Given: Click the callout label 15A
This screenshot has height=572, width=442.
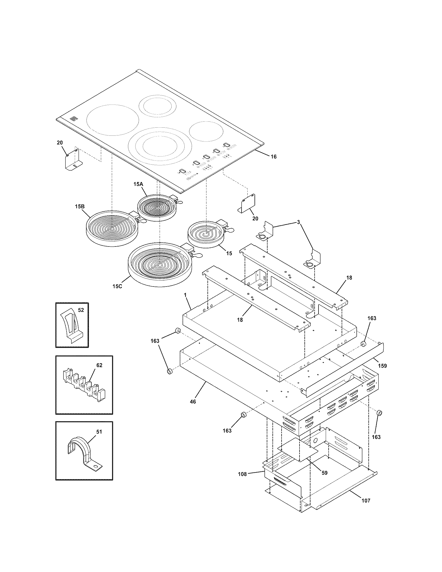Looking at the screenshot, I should coord(138,184).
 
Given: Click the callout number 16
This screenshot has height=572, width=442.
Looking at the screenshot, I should coord(273,157).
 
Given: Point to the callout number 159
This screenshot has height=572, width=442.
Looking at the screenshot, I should coord(382,366).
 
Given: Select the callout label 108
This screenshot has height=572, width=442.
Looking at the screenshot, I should coord(242,474).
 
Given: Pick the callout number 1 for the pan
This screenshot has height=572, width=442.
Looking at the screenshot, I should coord(185,295).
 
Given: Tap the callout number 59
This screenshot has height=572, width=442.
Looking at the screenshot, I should coord(324,473).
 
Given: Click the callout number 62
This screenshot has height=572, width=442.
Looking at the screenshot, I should coord(99,365).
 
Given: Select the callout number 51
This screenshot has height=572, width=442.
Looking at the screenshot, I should coord(99,432).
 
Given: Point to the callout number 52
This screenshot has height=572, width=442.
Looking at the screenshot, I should coord(81,310).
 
